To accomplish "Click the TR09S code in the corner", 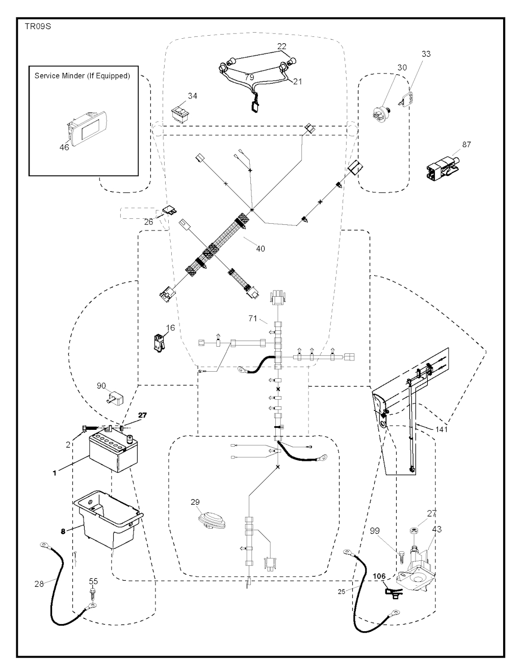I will (x=36, y=27).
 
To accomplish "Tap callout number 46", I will (x=64, y=147).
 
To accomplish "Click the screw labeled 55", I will (x=93, y=593).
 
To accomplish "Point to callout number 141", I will (x=442, y=430).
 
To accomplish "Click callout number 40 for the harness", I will (x=260, y=249).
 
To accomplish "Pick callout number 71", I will (x=253, y=318).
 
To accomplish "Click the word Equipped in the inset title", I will (x=113, y=76).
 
